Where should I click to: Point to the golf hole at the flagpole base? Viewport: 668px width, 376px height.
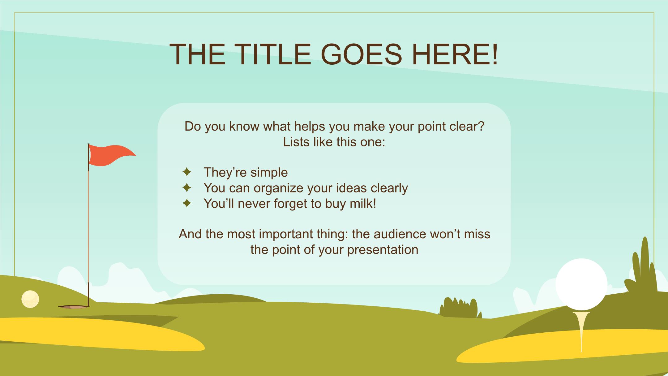[x=74, y=307]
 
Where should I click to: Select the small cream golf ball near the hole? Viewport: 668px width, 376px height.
[x=30, y=299]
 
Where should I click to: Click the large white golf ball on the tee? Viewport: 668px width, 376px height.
[x=581, y=284]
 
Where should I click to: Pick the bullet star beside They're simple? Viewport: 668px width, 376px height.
[x=187, y=172]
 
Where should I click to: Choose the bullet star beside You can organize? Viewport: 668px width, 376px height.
[x=187, y=188]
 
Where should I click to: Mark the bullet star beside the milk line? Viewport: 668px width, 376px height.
[x=187, y=203]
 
